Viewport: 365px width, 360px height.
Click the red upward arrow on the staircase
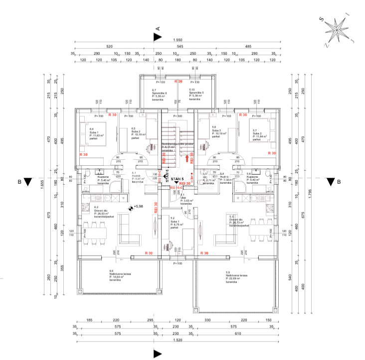point(187,158)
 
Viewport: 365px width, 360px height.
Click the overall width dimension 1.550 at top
point(177,40)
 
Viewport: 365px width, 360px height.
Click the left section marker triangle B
point(28,182)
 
